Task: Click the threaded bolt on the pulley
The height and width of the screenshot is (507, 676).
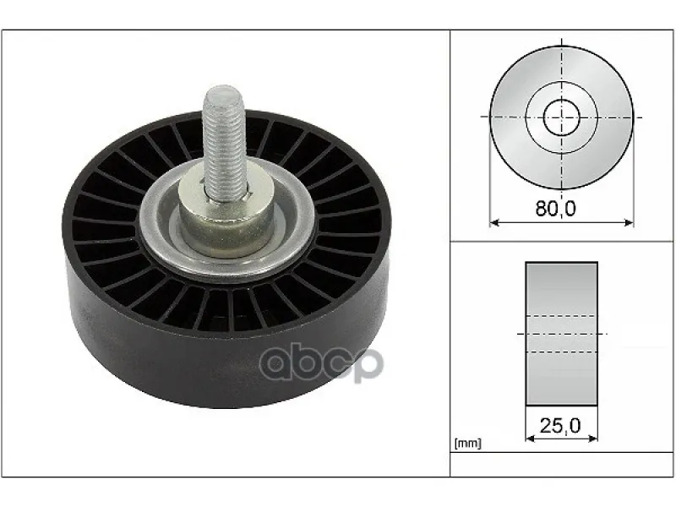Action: point(224,142)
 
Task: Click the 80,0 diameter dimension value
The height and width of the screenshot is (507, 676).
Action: point(555,209)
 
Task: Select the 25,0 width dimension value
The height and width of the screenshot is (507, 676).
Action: point(560,426)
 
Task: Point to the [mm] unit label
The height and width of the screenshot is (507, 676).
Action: point(468,443)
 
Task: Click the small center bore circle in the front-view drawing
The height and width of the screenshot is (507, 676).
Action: point(561,117)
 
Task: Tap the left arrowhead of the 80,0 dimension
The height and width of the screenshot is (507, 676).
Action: point(494,223)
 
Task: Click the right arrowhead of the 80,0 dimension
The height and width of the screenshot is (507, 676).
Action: point(629,223)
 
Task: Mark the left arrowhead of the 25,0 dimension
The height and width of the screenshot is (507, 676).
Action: point(531,439)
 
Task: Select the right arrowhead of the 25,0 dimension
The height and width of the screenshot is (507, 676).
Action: point(593,439)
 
